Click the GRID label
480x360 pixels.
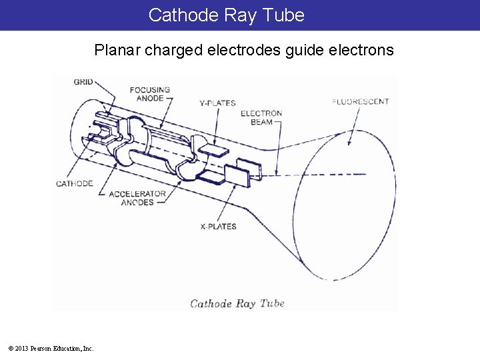tap(83, 81)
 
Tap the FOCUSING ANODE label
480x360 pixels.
tap(149, 94)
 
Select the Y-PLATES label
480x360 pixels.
tap(217, 103)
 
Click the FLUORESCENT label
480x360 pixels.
tap(361, 102)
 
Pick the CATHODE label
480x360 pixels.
tap(74, 183)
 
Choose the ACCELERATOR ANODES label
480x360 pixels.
tap(137, 198)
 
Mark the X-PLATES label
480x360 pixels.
tap(218, 227)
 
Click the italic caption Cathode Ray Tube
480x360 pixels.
tap(237, 303)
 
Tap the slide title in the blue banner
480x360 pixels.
tap(226, 15)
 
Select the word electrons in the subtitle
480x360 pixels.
tap(361, 50)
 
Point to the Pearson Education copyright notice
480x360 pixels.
tap(51, 348)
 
